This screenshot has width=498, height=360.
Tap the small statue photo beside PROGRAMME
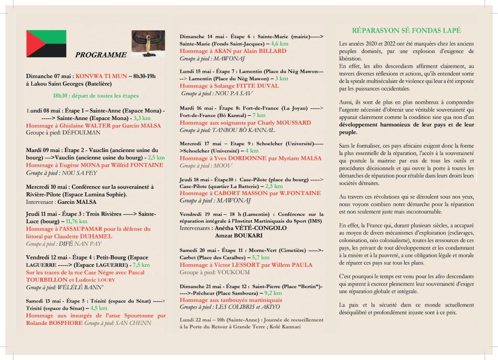pyautogui.click(x=142, y=45)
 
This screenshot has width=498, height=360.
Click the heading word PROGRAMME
pyautogui.click(x=101, y=54)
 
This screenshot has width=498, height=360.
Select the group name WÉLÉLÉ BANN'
pyautogui.click(x=81, y=287)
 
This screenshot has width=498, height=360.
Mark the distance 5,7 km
pyautogui.click(x=261, y=258)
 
